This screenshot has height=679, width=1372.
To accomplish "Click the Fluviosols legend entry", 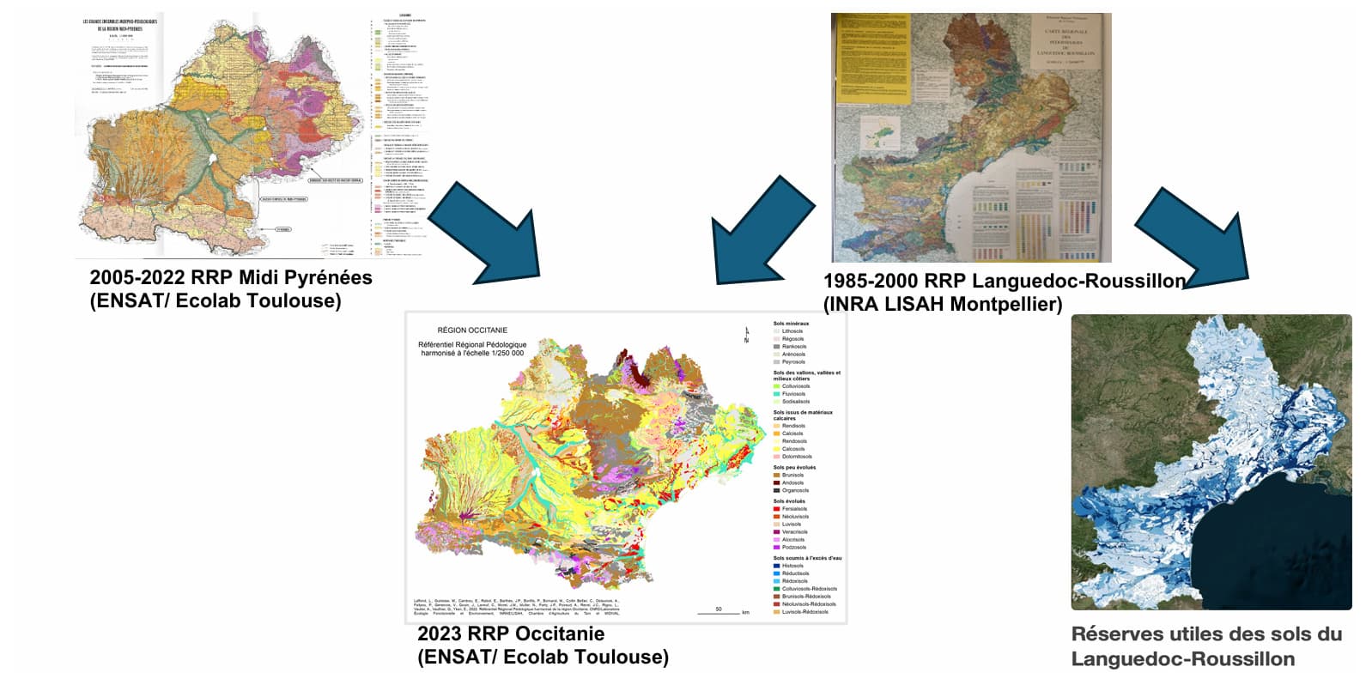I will click(x=793, y=394).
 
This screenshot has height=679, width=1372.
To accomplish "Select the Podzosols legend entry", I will click(x=793, y=547).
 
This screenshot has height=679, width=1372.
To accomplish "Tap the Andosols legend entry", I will click(x=792, y=482).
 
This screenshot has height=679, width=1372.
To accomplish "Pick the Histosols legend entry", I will click(x=792, y=566).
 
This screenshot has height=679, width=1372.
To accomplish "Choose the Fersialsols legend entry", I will click(x=794, y=509).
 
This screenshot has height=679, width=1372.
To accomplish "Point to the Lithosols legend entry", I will click(x=792, y=331).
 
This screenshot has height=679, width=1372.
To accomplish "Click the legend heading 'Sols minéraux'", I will click(x=791, y=324).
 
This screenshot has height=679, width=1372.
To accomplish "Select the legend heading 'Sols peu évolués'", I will click(x=794, y=468).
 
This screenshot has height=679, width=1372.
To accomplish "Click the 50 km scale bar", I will click(x=719, y=611).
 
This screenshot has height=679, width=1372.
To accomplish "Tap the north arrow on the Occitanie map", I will click(x=746, y=336).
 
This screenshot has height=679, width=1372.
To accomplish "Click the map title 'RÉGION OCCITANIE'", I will click(x=472, y=330).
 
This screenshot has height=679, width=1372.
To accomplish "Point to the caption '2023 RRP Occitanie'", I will click(x=511, y=634).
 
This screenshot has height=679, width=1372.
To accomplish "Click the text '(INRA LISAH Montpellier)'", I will click(x=942, y=304).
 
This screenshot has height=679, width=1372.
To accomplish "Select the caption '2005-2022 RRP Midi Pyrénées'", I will click(x=231, y=277).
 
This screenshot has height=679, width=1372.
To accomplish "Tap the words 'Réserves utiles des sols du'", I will click(x=1206, y=634).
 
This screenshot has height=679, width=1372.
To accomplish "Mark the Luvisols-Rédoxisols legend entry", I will click(x=804, y=612).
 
